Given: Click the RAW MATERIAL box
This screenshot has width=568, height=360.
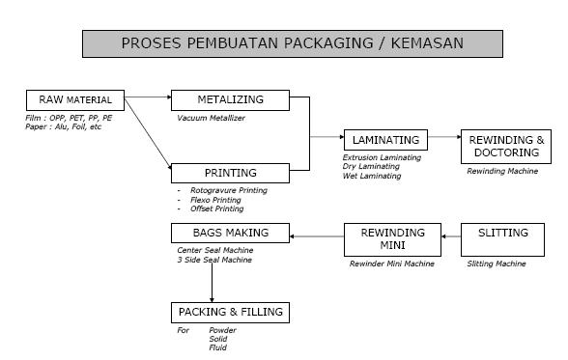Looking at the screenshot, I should point(76,98).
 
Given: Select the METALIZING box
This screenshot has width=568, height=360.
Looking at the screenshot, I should point(230,98).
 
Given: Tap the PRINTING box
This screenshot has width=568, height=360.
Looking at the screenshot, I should point(230,173).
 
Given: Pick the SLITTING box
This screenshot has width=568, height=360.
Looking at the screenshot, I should point(504,233).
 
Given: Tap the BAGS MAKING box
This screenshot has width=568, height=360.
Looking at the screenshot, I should point(230,233).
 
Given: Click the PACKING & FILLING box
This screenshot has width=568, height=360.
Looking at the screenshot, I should point(230,312).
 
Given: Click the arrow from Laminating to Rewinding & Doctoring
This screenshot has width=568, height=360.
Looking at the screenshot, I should point(445,137).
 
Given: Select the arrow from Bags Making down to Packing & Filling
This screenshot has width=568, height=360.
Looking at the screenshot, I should point(211,281).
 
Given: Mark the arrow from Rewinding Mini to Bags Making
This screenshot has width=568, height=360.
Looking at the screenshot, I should point(318,235).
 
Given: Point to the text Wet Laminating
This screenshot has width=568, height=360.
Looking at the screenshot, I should point(372,176).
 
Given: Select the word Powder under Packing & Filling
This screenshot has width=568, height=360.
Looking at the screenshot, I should point(222,331).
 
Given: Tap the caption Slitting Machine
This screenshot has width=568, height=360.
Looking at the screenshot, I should point(497,263).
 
